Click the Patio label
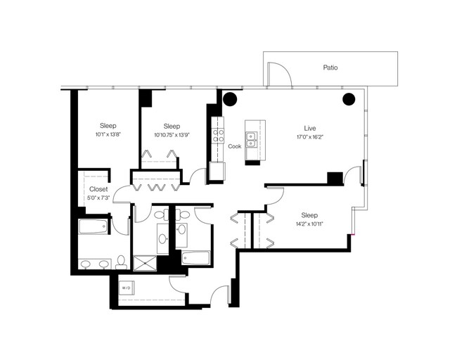click(x=330, y=67)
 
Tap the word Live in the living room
click(x=310, y=128)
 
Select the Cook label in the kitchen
click(x=235, y=146)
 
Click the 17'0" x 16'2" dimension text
click(x=310, y=137)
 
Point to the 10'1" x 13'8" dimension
click(x=108, y=135)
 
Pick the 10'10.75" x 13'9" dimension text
click(x=172, y=135)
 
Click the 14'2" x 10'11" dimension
click(x=309, y=224)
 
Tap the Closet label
click(x=98, y=189)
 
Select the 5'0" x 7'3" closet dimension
click(x=98, y=198)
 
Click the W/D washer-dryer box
click(x=126, y=288)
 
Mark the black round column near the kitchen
click(x=230, y=99)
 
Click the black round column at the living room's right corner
click(x=349, y=99)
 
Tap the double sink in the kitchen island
click(x=251, y=140)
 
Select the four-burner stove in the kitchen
click(x=218, y=136)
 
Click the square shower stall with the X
click(x=145, y=263)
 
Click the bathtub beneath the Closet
click(x=93, y=226)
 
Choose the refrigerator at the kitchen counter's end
click(x=217, y=171)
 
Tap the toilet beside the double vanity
click(x=121, y=262)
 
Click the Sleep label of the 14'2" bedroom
click(x=309, y=215)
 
